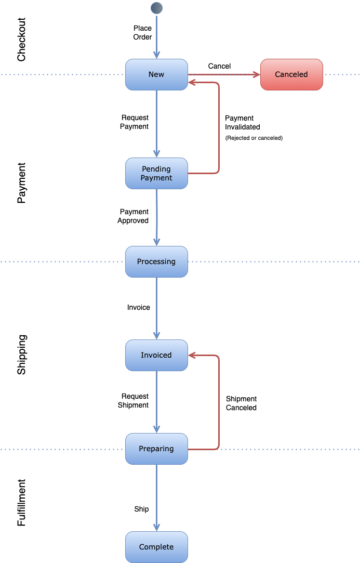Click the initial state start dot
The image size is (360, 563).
pyautogui.click(x=156, y=8)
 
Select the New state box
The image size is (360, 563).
pyautogui.click(x=156, y=74)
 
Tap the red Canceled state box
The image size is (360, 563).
pyautogui.click(x=291, y=74)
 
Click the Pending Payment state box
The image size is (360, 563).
pyautogui.click(x=156, y=173)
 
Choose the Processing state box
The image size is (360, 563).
pyautogui.click(x=156, y=261)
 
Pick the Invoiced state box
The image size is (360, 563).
pyautogui.click(x=156, y=355)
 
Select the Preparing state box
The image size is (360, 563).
pyautogui.click(x=156, y=449)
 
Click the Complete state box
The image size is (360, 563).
pyautogui.click(x=156, y=547)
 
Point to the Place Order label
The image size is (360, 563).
pyautogui.click(x=142, y=32)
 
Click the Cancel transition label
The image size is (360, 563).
pyautogui.click(x=219, y=66)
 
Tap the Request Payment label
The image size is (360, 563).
pyautogui.click(x=135, y=122)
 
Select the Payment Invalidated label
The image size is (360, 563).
pyautogui.click(x=242, y=122)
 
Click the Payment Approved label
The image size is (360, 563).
pyautogui.click(x=134, y=216)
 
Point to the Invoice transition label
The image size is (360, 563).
pyautogui.click(x=139, y=307)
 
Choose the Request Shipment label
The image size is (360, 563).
pyautogui.click(x=134, y=400)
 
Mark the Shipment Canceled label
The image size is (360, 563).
pyautogui.click(x=241, y=403)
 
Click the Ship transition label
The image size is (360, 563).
pyautogui.click(x=141, y=509)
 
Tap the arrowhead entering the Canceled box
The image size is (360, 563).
pyautogui.click(x=256, y=75)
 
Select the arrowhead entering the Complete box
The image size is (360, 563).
pyautogui.click(x=156, y=527)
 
